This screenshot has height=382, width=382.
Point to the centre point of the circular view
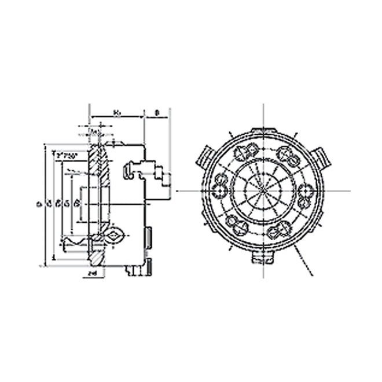click(263, 191)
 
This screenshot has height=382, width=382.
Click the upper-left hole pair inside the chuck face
click(243, 153)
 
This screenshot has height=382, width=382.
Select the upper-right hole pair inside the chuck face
click(286, 153)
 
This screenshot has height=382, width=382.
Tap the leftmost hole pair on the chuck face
click(220, 189)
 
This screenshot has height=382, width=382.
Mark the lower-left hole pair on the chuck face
click(234, 222)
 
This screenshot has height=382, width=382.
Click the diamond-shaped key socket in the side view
click(115, 236)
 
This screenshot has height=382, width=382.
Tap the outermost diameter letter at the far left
click(38, 203)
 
